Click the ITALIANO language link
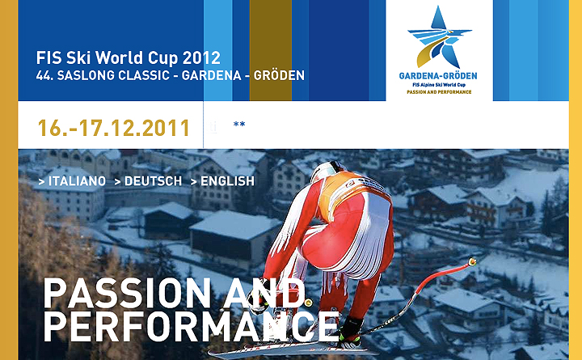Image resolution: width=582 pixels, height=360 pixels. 72,181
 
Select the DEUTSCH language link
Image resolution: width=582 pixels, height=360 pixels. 148,181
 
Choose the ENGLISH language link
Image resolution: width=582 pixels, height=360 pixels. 222,181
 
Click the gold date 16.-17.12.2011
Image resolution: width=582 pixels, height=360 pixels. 114,128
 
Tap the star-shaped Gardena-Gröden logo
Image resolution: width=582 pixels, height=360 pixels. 439,36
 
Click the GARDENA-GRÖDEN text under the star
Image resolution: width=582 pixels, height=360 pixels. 438,76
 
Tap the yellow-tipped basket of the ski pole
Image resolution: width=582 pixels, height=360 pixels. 472,262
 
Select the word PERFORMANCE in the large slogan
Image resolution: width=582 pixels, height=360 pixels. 192,327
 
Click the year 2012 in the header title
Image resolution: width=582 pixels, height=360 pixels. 201,57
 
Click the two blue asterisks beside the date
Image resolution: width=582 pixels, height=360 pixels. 239,124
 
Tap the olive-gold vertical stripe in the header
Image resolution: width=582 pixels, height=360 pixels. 271,50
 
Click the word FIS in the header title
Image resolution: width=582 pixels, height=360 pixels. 48,57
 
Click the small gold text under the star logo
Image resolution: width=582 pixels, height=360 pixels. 439,91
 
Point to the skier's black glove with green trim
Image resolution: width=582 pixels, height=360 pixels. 350,329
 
